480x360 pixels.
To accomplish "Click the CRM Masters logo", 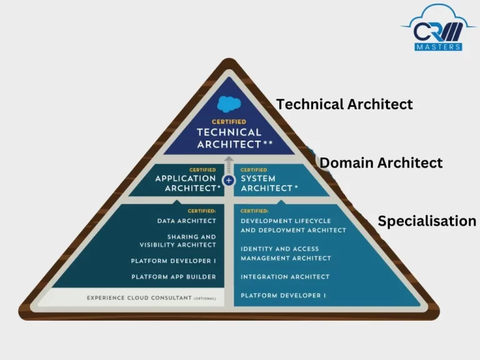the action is point(438,27).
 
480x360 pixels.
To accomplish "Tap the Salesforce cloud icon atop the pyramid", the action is point(229,104).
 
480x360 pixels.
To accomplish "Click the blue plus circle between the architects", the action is point(229,180).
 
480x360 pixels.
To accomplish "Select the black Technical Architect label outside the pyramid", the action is point(344,104).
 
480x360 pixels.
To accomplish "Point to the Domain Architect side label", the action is point(381,162).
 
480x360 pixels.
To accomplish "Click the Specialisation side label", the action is point(427,221).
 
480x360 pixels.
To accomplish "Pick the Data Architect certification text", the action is point(186,221).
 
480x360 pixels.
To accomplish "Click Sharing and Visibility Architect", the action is point(178,241).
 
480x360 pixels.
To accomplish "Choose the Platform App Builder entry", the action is point(174,277).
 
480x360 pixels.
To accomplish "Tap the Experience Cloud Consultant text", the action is point(139,298).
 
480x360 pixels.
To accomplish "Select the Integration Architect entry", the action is point(285,277).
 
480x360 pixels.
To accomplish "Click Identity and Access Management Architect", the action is point(286,254).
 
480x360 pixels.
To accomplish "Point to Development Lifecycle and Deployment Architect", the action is point(293,225).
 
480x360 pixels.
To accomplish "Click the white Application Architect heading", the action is point(187,183).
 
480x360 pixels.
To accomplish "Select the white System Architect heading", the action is point(269,183).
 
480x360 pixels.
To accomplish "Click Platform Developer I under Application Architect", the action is point(174,261).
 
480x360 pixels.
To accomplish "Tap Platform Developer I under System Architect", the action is point(283,296).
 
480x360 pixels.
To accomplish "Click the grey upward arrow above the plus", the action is point(229,165).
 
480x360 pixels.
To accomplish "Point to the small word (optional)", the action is point(205,299).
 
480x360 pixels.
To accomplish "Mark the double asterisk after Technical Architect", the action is point(268,142).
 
